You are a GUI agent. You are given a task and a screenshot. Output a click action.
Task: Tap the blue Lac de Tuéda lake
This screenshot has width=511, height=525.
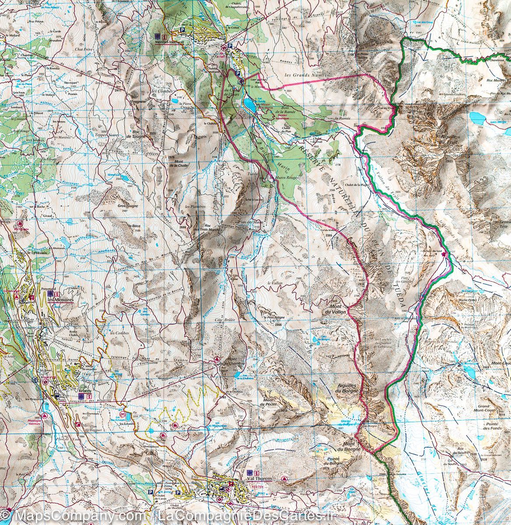click(x=250, y=105)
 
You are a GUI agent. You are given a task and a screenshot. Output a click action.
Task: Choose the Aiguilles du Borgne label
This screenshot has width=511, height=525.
click(x=348, y=388)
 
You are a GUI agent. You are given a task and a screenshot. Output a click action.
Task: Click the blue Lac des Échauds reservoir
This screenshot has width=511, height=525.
click(x=123, y=413)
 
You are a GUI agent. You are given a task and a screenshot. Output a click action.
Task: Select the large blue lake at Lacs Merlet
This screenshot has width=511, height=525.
click(x=476, y=116)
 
